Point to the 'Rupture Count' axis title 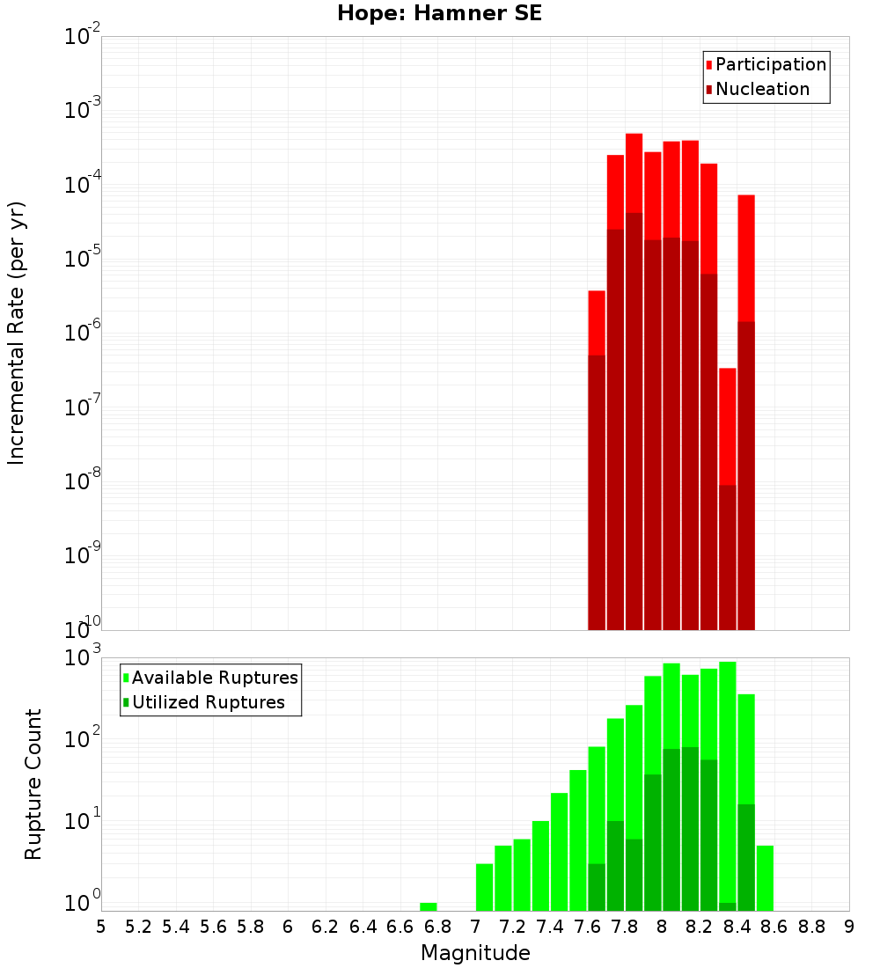click(x=33, y=783)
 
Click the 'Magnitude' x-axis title click(x=475, y=953)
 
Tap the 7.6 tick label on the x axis click(x=588, y=927)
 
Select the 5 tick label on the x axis click(x=101, y=927)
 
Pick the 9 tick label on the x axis click(x=849, y=927)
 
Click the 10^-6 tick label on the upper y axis click(x=83, y=333)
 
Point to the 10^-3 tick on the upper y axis click(x=83, y=110)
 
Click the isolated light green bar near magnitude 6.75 click(x=429, y=906)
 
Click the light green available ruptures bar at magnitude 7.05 click(x=484, y=887)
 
